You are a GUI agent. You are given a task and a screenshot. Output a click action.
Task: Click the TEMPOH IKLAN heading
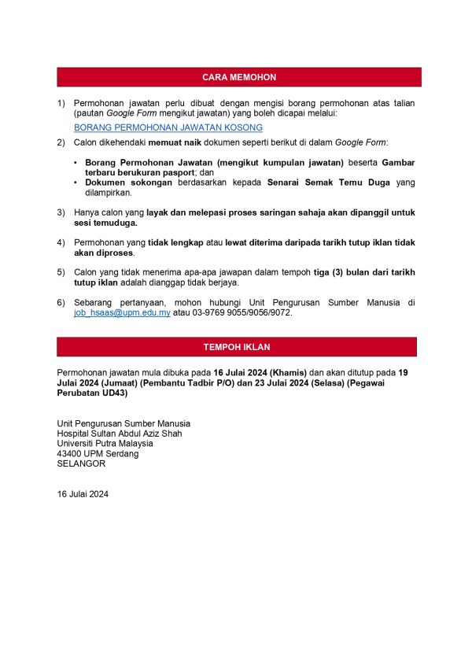click(x=236, y=347)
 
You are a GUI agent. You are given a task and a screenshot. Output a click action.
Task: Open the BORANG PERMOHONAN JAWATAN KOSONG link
click(x=168, y=127)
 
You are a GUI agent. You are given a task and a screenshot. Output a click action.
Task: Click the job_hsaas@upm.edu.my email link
click(x=122, y=312)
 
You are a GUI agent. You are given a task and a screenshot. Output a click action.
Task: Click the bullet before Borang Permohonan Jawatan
click(x=76, y=161)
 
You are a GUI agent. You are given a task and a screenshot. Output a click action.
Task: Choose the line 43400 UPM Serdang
click(x=98, y=454)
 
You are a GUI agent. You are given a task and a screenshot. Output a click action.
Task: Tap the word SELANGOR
click(x=81, y=464)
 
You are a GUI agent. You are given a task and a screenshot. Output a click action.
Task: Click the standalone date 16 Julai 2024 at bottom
click(x=83, y=495)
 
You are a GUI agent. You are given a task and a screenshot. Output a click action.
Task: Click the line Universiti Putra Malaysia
click(x=105, y=444)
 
